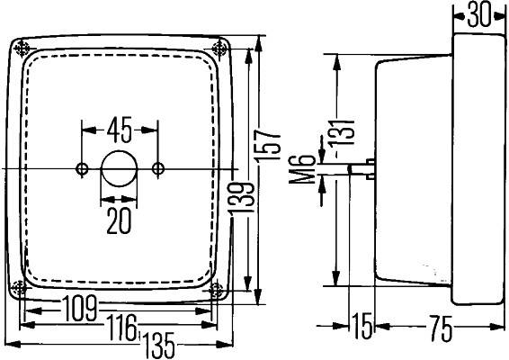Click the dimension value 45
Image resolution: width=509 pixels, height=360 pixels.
tap(120, 129)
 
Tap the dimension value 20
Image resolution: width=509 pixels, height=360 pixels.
tap(119, 220)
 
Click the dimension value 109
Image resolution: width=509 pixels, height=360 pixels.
tap(81, 309)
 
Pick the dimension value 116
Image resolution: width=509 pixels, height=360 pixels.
tap(121, 324)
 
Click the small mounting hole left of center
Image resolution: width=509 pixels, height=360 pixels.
tap(83, 168)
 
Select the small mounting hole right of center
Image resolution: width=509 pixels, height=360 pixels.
tap(158, 168)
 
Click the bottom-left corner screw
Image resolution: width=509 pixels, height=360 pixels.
tap(22, 288)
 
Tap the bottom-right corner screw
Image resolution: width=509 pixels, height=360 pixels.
tap(217, 290)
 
